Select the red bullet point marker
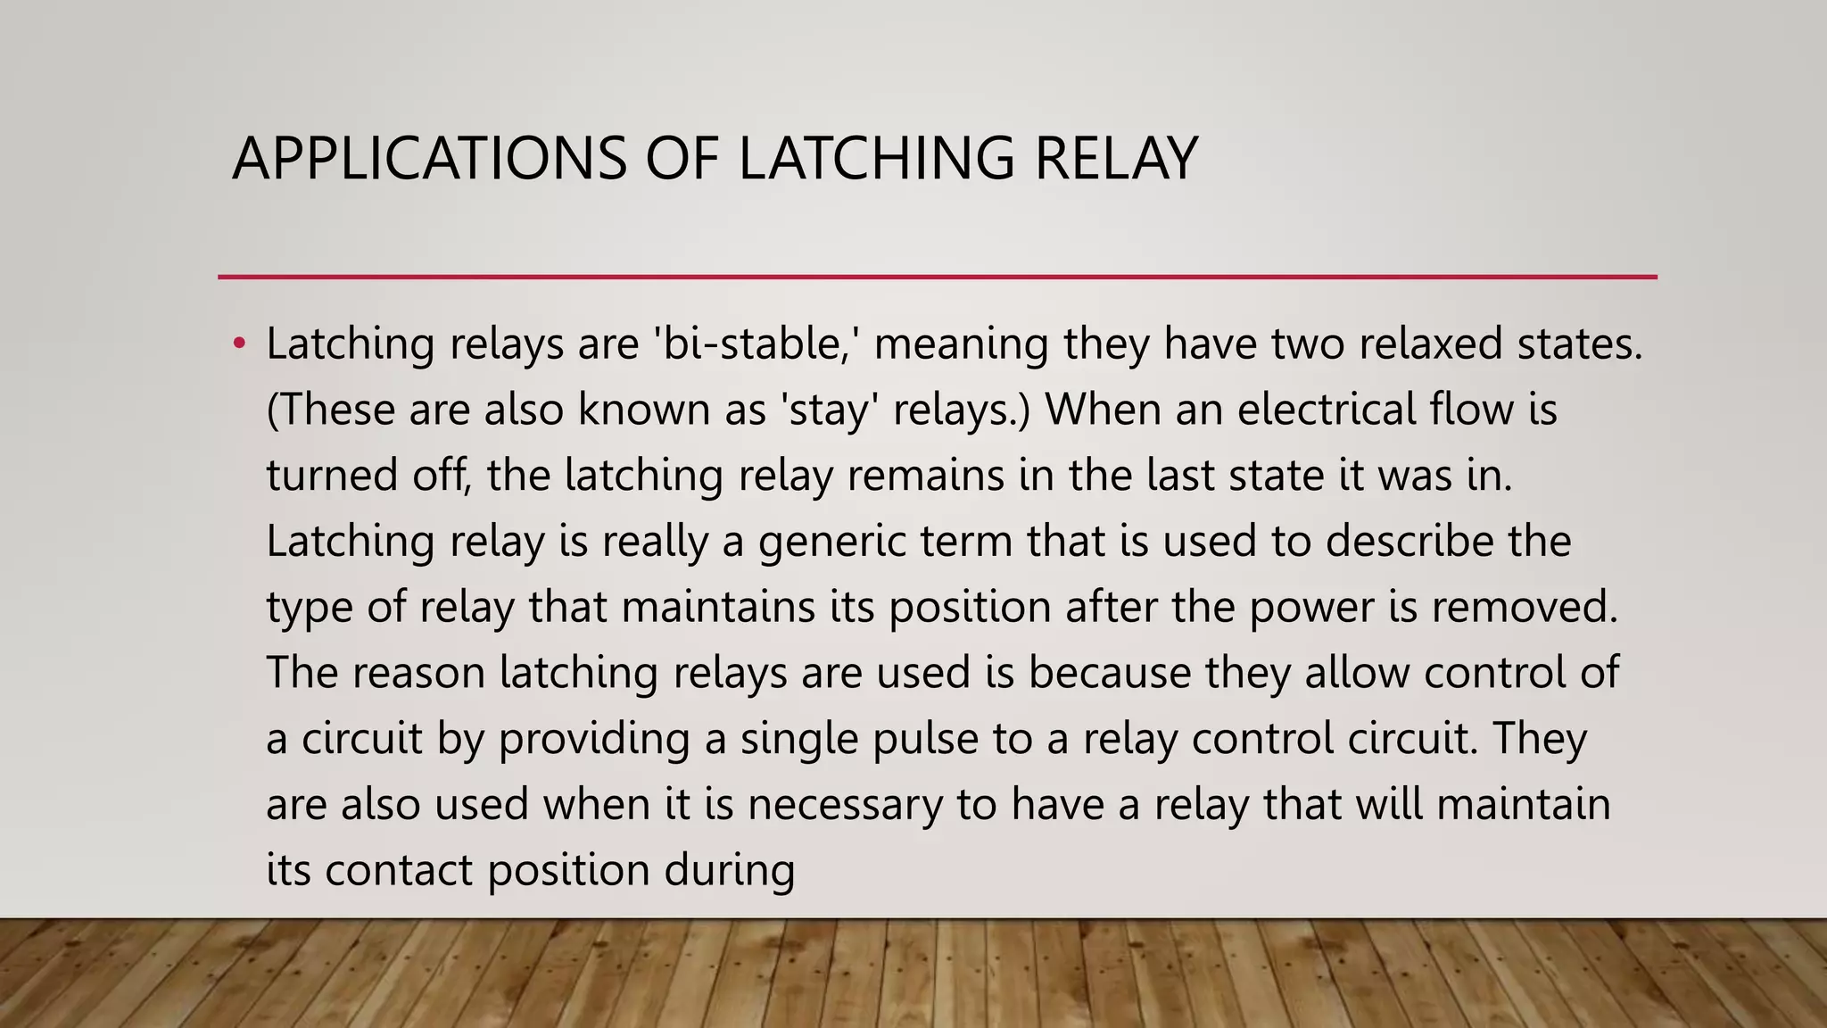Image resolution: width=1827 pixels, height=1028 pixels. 238,344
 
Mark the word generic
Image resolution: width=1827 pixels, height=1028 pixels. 831,541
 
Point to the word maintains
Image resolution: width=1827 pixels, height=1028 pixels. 718,607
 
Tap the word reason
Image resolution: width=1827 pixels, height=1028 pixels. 418,672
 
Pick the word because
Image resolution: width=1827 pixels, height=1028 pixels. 1109,672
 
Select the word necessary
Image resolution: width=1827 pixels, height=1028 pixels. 845,804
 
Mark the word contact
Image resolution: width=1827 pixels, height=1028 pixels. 398,870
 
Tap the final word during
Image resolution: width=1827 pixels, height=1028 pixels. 729,870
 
